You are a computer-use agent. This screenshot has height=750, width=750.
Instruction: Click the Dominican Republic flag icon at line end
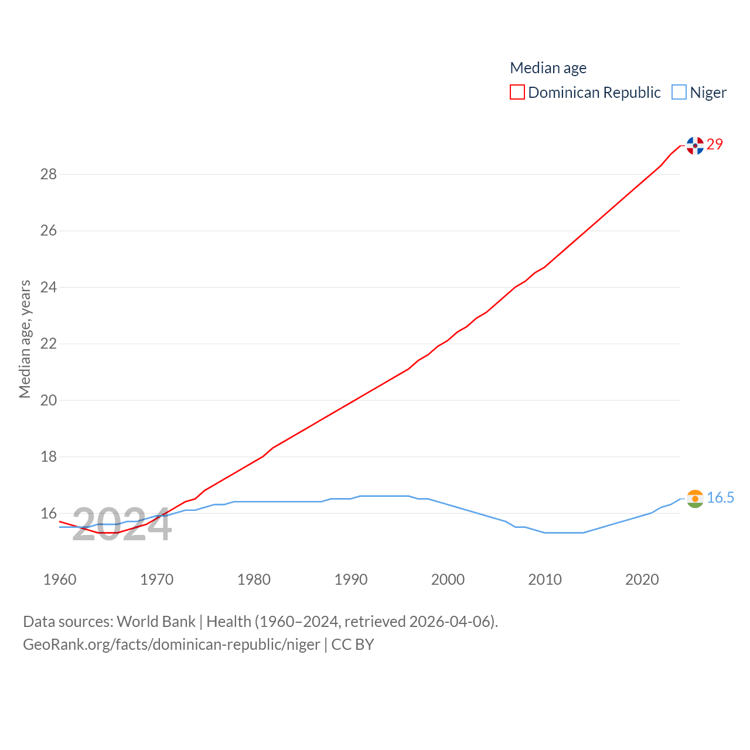tap(695, 145)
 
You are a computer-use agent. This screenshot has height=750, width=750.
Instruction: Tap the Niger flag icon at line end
tap(695, 499)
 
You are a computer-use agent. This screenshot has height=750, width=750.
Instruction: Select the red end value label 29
tap(715, 144)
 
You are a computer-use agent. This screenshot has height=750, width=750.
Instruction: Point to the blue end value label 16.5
tap(720, 497)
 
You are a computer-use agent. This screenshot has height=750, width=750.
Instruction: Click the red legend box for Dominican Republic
tap(517, 93)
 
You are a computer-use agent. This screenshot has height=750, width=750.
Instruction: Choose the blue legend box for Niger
tap(679, 93)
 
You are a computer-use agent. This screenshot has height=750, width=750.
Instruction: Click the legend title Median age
tap(548, 68)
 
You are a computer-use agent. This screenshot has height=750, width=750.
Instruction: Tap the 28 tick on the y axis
tap(49, 174)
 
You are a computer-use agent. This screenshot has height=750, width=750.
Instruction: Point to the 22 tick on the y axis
tap(49, 343)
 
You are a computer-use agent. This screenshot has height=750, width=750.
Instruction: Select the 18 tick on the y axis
tap(49, 456)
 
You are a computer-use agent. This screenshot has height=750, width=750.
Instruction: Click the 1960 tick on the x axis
tap(60, 579)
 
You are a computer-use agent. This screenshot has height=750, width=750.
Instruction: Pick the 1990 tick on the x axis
tap(351, 579)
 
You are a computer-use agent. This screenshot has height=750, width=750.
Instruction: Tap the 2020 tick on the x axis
tap(642, 579)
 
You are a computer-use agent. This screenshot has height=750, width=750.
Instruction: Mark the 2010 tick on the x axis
tap(545, 579)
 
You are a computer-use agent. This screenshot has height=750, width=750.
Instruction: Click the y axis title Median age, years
tap(25, 339)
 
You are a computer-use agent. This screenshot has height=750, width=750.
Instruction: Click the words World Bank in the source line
tap(156, 622)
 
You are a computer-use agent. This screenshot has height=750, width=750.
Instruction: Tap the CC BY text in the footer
tap(353, 645)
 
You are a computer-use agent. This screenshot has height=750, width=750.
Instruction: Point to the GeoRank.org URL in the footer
tap(171, 645)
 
